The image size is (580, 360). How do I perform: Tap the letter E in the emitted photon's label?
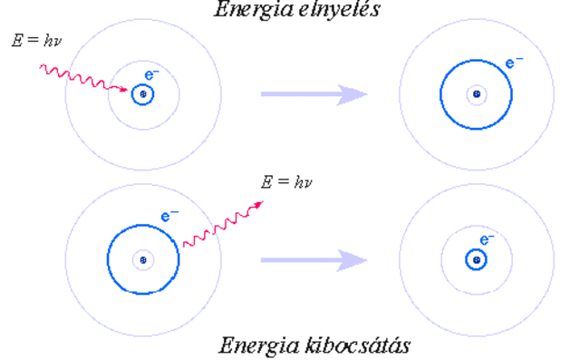click(x=266, y=181)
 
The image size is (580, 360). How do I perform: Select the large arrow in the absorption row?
click(x=314, y=93)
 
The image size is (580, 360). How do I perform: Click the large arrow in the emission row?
click(x=314, y=260)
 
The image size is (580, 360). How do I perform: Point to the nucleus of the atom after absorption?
click(x=475, y=93)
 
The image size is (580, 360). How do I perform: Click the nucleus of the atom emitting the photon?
click(x=142, y=260)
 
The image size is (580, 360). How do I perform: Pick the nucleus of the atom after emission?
click(x=475, y=260)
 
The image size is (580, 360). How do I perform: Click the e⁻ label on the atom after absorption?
click(x=514, y=63)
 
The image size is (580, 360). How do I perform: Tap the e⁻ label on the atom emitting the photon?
click(x=168, y=217)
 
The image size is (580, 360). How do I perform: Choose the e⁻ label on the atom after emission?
click(x=486, y=239)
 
